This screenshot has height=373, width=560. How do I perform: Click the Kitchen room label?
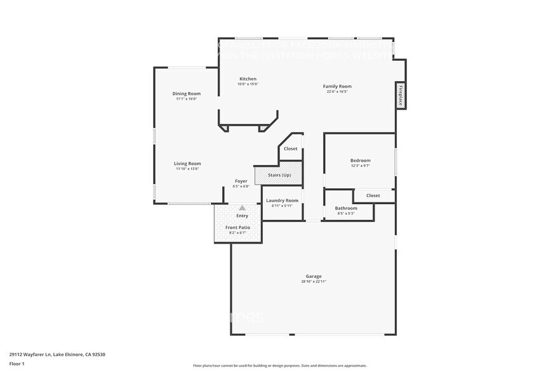pyautogui.click(x=248, y=79)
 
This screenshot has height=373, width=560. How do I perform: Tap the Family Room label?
pyautogui.click(x=337, y=86)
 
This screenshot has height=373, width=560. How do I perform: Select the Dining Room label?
pyautogui.click(x=186, y=93)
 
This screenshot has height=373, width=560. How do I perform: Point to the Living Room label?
pyautogui.click(x=187, y=163)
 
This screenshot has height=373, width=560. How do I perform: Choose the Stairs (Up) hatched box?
pyautogui.click(x=278, y=175)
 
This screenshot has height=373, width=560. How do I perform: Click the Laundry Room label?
pyautogui.click(x=282, y=200)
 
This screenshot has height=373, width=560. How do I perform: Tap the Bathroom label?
pyautogui.click(x=346, y=208)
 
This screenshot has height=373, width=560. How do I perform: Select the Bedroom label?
pyautogui.click(x=360, y=160)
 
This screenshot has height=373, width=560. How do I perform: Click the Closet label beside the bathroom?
pyautogui.click(x=373, y=195)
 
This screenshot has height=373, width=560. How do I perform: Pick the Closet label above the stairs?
pyautogui.click(x=290, y=148)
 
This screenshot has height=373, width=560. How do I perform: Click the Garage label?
pyautogui.click(x=314, y=276)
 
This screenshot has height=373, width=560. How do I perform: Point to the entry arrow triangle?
pyautogui.click(x=242, y=207)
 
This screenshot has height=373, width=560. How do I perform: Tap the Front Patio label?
pyautogui.click(x=237, y=227)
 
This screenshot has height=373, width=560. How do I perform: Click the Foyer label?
pyautogui.click(x=241, y=181)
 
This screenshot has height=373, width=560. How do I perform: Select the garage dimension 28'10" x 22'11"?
pyautogui.click(x=314, y=282)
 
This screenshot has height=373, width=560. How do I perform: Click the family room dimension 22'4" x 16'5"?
pyautogui.click(x=337, y=92)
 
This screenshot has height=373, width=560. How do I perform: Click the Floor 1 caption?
pyautogui.click(x=17, y=363)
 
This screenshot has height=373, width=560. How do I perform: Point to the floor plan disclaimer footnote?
pyautogui.click(x=280, y=365)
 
